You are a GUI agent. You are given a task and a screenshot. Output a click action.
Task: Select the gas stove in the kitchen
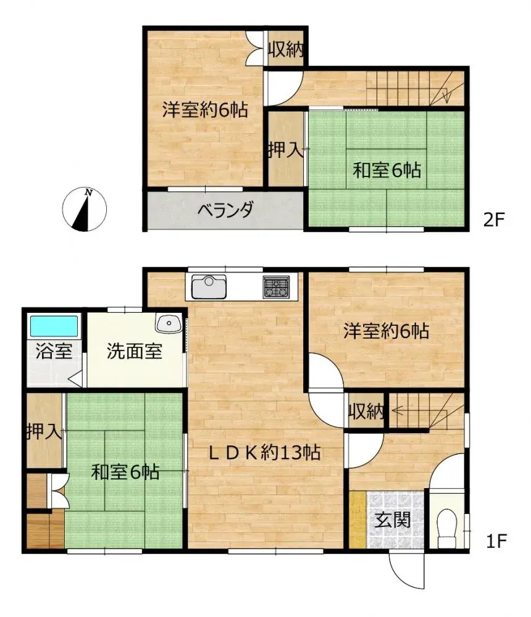click(x=276, y=286)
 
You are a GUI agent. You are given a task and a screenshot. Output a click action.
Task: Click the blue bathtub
click(x=54, y=325)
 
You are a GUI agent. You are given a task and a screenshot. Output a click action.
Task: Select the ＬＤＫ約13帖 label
click(x=263, y=453)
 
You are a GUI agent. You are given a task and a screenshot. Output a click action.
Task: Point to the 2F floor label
click(x=495, y=219)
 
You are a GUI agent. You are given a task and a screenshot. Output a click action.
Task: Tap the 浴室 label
click(x=53, y=352)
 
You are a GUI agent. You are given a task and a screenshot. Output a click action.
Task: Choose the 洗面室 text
click(x=135, y=352)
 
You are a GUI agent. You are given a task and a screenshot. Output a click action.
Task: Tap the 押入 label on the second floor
click(x=286, y=149)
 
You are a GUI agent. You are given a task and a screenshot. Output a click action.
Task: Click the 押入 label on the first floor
click(x=44, y=431)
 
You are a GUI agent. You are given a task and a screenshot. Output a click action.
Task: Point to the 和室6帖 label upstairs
click(x=387, y=169)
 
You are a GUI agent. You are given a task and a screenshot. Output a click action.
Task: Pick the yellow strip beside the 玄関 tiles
click(x=358, y=519)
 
